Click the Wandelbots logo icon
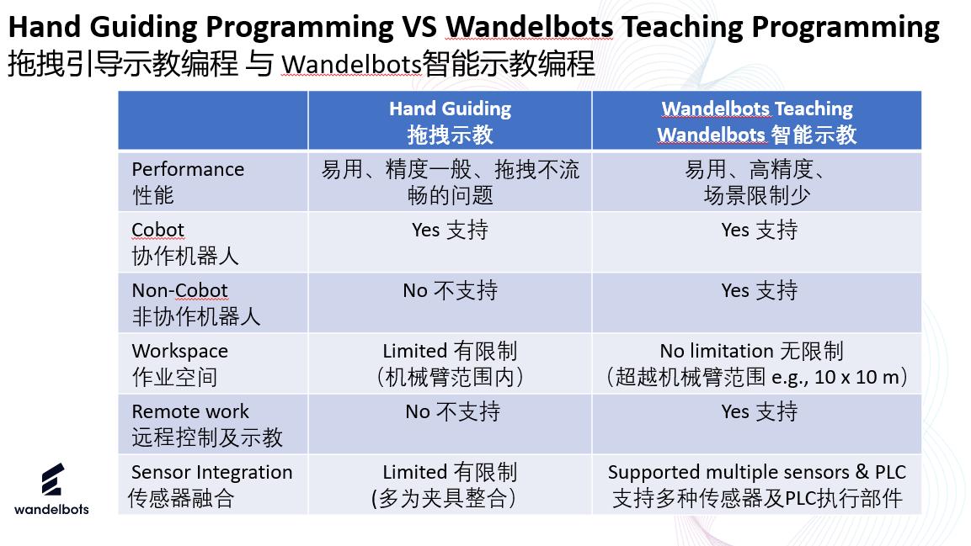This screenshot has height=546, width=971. pyautogui.click(x=53, y=480)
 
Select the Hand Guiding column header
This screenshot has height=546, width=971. pyautogui.click(x=451, y=121)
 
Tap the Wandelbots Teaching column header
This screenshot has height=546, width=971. pyautogui.click(x=757, y=121)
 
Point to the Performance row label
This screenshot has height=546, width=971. pyautogui.click(x=188, y=182)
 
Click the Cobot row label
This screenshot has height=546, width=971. pyautogui.click(x=184, y=242)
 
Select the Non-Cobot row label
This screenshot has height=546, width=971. pyautogui.click(x=195, y=303)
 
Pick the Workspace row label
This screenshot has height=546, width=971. pyautogui.click(x=179, y=363)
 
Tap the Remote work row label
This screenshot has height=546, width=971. pyautogui.click(x=207, y=424)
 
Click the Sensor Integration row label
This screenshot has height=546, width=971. pyautogui.click(x=210, y=485)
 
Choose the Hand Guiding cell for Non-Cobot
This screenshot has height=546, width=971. pyautogui.click(x=451, y=290)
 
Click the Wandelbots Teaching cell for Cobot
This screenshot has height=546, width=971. pyautogui.click(x=760, y=230)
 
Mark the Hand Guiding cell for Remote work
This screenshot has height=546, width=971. pyautogui.click(x=453, y=412)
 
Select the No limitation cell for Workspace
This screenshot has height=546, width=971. pyautogui.click(x=757, y=363)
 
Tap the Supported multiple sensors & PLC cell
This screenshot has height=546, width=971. pyautogui.click(x=757, y=485)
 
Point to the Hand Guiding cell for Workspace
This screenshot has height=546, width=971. pyautogui.click(x=451, y=363)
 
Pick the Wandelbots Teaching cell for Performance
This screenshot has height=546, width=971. pyautogui.click(x=757, y=182)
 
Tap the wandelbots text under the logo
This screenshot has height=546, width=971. pyautogui.click(x=51, y=510)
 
